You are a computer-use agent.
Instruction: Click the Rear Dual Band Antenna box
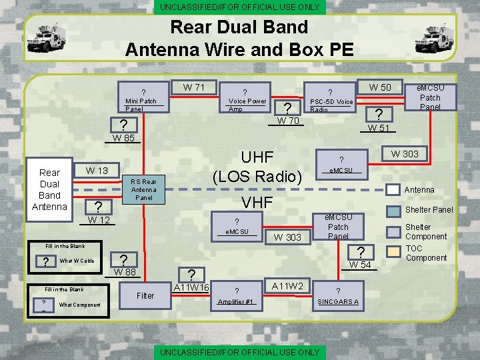click(49, 189)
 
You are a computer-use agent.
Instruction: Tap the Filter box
click(145, 295)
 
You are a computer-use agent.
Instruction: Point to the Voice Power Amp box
click(246, 99)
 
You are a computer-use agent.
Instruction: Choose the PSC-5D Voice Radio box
click(331, 99)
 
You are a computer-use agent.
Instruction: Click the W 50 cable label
click(381, 87)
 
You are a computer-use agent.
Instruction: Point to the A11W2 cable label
click(287, 286)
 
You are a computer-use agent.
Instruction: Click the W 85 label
click(123, 139)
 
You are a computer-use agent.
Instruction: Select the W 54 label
click(360, 265)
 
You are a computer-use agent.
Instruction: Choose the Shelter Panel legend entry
click(429, 209)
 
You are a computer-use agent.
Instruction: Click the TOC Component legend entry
click(426, 253)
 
